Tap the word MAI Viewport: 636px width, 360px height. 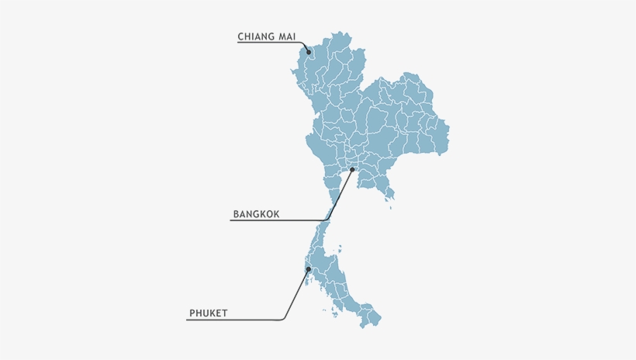tap(286, 36)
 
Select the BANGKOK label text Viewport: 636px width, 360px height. tap(256, 213)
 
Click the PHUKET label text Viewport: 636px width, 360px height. tap(208, 313)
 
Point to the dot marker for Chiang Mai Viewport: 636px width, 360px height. tap(309, 53)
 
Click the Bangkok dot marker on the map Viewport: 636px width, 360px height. tap(352, 169)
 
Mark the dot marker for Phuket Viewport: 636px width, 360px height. tap(309, 269)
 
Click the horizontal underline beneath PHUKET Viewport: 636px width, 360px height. tap(233, 320)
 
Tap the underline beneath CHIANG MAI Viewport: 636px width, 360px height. tap(268, 43)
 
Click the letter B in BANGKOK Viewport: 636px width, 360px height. tap(236, 213)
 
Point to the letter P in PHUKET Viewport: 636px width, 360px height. tap(192, 313)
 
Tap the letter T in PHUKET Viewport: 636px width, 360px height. tap(224, 313)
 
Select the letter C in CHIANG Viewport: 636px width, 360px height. tap(241, 36)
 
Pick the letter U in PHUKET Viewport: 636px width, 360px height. tap(205, 313)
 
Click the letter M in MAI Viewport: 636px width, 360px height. tap(279, 36)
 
